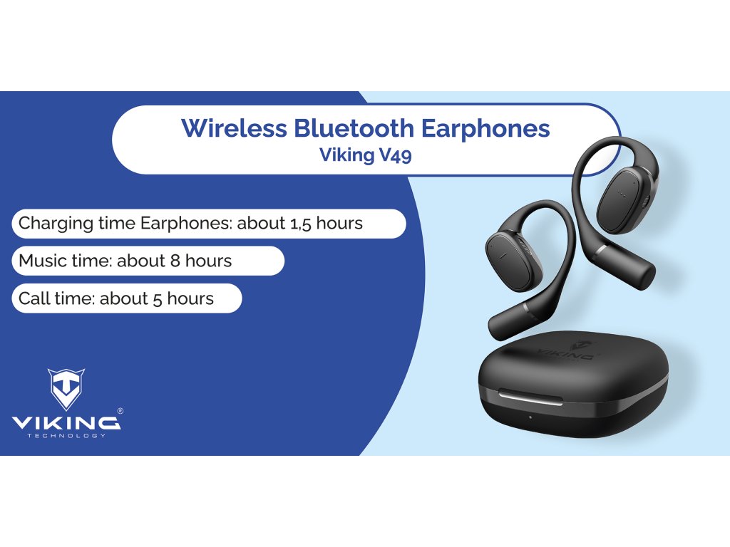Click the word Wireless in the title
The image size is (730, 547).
234,128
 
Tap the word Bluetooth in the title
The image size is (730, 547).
354,128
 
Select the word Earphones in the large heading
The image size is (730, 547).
485,129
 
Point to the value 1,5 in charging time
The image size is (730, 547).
301,224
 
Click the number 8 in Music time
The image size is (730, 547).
175,261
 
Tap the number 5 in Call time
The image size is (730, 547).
158,299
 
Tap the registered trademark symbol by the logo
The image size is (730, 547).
120,411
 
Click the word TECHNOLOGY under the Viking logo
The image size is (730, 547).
66,436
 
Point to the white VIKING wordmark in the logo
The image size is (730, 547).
66,422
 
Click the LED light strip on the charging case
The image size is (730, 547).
530,398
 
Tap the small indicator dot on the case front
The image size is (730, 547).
530,417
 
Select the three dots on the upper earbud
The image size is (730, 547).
620,192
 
